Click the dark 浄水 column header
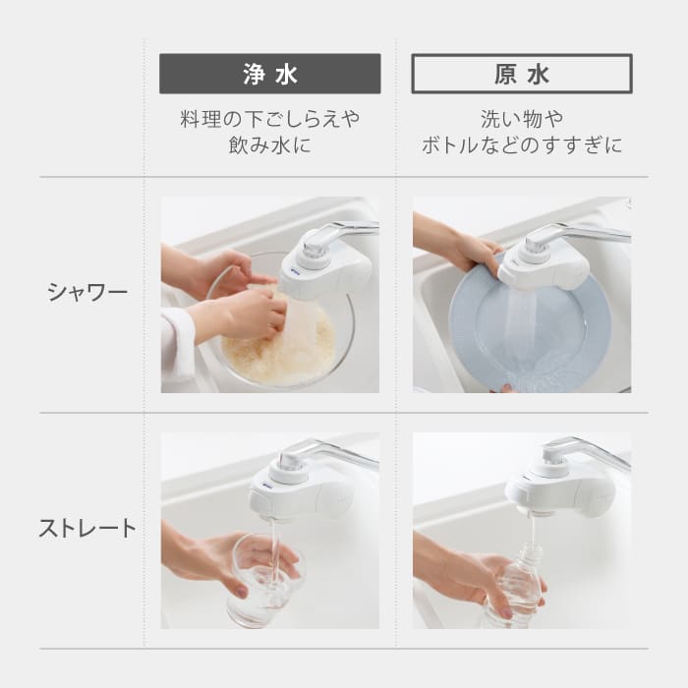tap(269, 74)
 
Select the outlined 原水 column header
tap(521, 74)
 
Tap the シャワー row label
tap(87, 292)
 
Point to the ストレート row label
tap(87, 528)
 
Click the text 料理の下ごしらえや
tap(269, 120)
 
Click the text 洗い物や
tap(521, 120)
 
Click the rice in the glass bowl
tap(280, 354)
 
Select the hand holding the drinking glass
tap(211, 560)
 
